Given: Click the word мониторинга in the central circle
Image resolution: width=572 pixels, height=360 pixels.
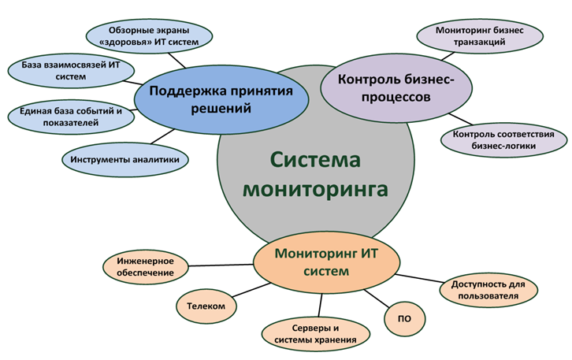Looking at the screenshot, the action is [x=314, y=189].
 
